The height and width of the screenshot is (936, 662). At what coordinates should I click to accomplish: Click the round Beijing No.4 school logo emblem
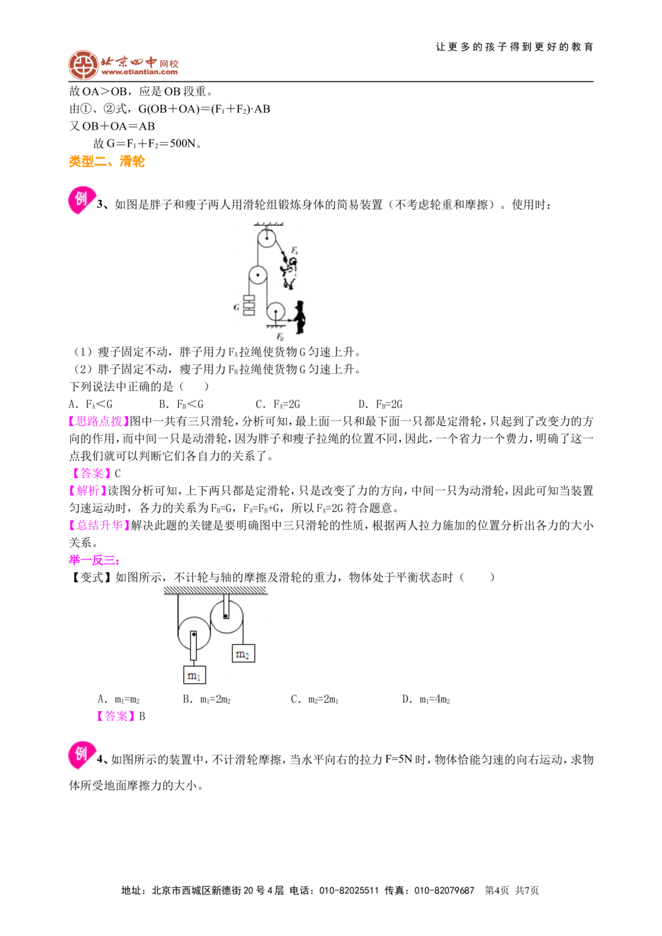(83, 65)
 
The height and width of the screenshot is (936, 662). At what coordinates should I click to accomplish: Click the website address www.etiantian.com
(139, 72)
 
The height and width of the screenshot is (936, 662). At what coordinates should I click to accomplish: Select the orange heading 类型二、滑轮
(107, 161)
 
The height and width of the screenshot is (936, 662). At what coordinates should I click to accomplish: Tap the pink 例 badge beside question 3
(81, 199)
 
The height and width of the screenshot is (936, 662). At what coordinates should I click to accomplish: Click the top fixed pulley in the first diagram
(266, 239)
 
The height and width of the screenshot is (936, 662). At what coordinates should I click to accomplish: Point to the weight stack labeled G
(249, 306)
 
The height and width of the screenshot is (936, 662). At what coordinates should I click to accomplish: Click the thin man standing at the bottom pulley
(300, 317)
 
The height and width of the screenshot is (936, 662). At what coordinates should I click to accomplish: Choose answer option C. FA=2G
(277, 404)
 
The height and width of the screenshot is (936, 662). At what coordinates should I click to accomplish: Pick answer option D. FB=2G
(380, 404)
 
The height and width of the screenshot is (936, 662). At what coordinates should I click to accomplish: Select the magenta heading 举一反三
(94, 560)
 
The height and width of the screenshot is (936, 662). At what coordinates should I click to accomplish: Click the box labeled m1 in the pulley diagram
(195, 675)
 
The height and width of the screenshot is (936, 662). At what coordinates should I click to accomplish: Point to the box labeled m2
(244, 654)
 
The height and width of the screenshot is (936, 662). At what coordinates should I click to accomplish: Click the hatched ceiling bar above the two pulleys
(215, 590)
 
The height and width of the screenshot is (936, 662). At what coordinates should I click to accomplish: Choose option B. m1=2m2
(207, 699)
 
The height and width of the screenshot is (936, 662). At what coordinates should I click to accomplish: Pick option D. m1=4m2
(426, 699)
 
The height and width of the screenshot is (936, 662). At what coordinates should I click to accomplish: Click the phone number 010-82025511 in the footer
(349, 891)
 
